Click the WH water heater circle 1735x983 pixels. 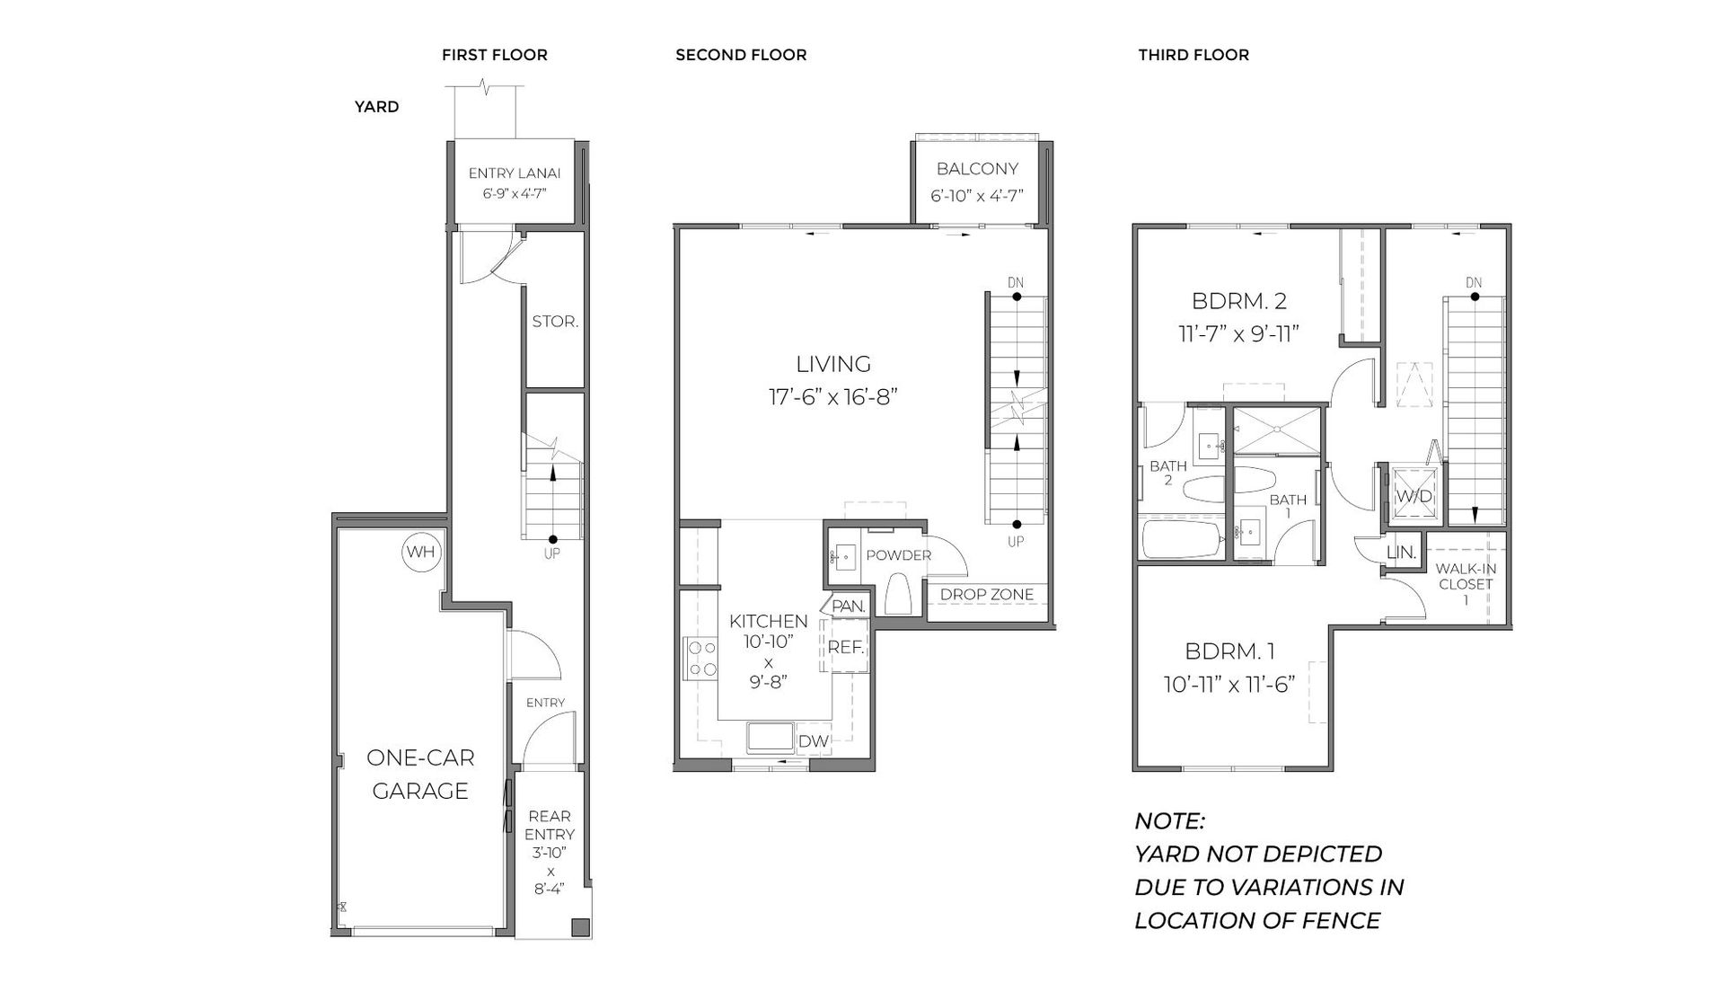tap(420, 552)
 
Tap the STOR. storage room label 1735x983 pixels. tap(555, 321)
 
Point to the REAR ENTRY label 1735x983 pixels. tap(550, 825)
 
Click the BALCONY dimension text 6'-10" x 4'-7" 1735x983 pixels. tap(977, 196)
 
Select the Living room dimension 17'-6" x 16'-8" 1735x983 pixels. tap(833, 396)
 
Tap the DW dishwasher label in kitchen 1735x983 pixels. tap(813, 741)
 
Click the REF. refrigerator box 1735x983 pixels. tap(846, 647)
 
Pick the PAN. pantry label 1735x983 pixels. tap(848, 607)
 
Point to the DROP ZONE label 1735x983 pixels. tap(986, 594)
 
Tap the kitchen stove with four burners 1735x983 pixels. tap(700, 658)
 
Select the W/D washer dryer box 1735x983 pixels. tap(1414, 496)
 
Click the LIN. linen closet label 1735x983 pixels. tap(1401, 553)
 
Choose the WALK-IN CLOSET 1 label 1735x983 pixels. tap(1466, 583)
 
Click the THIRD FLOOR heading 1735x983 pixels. tap(1193, 55)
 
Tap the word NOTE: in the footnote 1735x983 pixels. tap(1169, 821)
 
